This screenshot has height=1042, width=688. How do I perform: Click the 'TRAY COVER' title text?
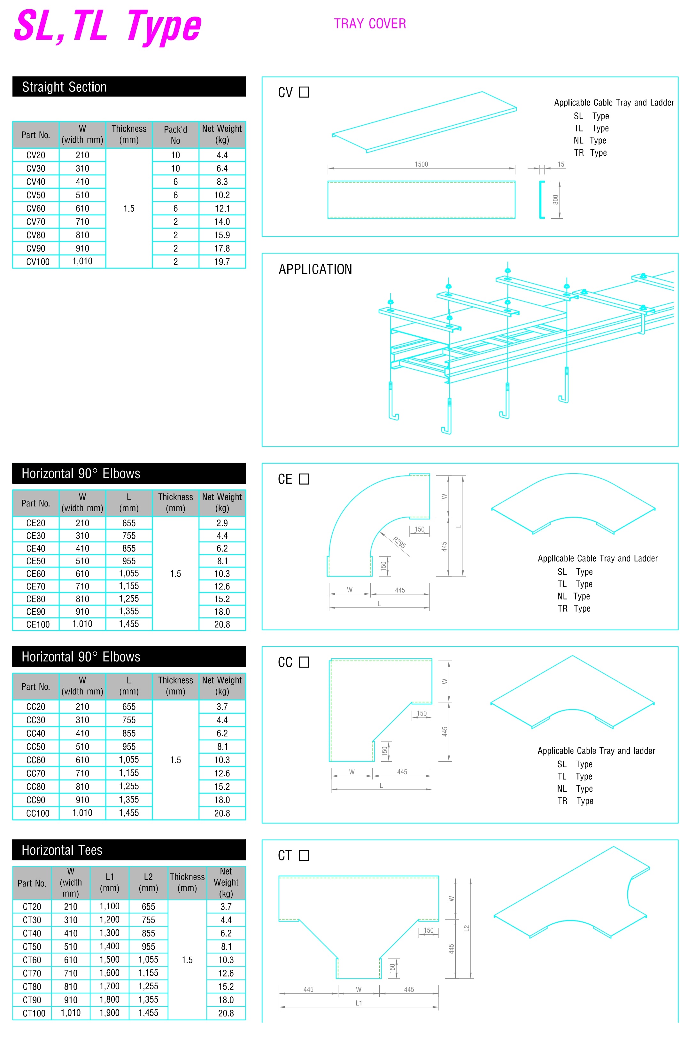370,24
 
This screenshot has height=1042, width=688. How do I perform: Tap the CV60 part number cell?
35,208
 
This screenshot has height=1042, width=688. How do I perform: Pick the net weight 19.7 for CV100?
222,262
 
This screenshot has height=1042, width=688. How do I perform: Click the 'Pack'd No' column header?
175,135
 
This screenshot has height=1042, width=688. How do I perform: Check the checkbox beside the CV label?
304,92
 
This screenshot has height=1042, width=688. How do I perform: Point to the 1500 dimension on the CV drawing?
421,164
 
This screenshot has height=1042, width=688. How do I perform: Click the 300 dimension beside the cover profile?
555,200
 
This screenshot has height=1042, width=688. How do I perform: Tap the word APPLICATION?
315,269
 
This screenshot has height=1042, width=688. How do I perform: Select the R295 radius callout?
399,543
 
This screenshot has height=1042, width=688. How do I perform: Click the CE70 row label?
35,586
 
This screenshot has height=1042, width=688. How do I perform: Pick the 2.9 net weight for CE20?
222,523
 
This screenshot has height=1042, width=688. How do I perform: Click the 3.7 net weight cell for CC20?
222,707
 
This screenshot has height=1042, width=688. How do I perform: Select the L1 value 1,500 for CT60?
109,960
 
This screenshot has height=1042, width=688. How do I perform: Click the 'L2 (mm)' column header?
148,882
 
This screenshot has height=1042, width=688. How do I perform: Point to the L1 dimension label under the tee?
359,1003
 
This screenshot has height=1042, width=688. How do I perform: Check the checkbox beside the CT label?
304,856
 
